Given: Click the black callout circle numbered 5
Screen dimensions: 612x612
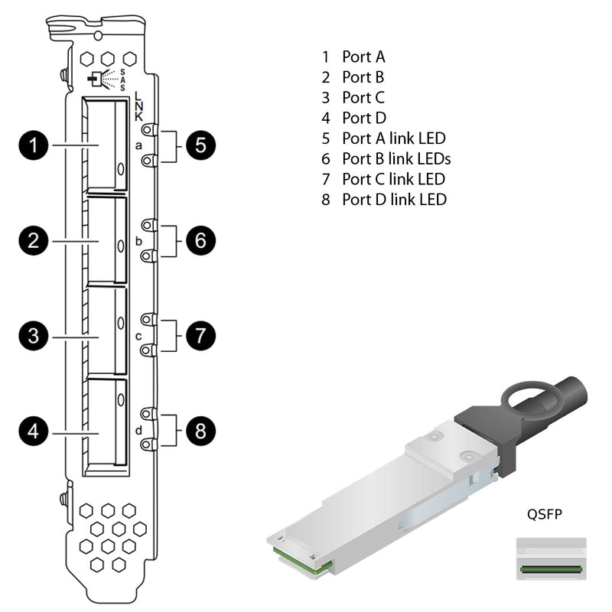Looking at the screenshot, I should [200, 145].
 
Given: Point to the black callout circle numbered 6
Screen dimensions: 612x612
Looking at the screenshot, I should [200, 241].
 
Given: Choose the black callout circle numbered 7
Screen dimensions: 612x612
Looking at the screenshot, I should [200, 335].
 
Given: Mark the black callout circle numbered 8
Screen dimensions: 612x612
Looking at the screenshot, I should [200, 431].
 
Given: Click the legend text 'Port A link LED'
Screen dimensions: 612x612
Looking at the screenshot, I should [393, 138].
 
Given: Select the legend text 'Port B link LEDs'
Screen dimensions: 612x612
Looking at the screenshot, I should [396, 158].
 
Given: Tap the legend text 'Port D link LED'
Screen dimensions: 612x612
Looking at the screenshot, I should [394, 200].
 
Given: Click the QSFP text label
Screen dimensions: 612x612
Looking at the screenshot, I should [544, 514].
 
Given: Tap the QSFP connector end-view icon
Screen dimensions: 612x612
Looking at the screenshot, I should [551, 558].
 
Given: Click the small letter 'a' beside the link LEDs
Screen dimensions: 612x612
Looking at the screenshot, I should [138, 145].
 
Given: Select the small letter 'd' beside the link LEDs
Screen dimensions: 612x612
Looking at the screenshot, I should [138, 431].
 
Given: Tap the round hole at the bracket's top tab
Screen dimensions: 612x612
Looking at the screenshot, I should [96, 34].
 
